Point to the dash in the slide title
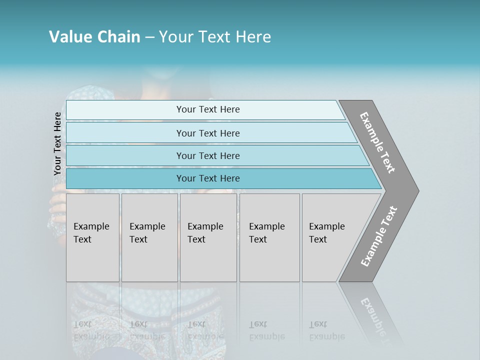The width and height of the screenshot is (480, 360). click(149, 37)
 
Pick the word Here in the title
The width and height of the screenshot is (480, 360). click(253, 37)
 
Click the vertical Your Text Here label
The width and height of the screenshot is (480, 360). click(57, 143)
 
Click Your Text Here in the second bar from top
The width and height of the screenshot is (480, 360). click(208, 133)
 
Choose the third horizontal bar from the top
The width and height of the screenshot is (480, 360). click(215, 155)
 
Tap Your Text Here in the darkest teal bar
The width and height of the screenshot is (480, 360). click(208, 178)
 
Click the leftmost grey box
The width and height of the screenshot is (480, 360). click(92, 237)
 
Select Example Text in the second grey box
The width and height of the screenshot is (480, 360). click(147, 233)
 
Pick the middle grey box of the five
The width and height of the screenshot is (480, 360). click(208, 237)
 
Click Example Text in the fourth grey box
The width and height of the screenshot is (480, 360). click(266, 233)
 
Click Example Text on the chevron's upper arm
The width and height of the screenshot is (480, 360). click(377, 142)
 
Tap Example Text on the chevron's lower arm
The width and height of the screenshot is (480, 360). click(378, 236)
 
